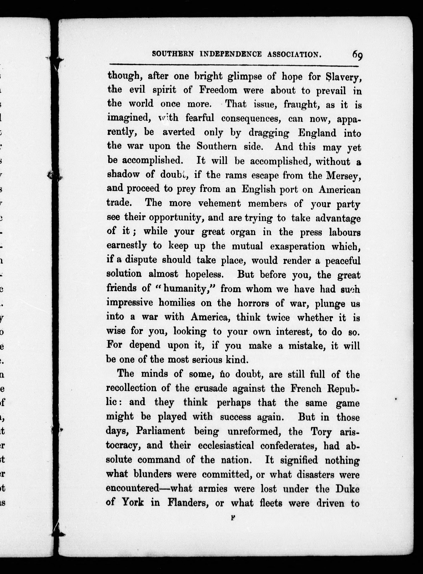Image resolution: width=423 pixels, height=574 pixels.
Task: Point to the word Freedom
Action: pos(218,90)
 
